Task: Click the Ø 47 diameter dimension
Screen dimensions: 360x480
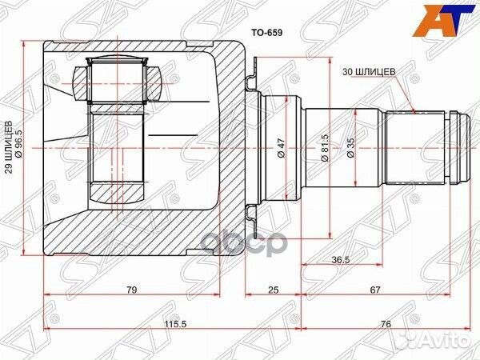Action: click(282, 149)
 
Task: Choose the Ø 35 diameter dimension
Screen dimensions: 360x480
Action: click(350, 149)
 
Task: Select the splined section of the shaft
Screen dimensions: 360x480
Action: click(415, 149)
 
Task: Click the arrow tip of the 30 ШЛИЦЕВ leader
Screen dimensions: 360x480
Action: click(413, 110)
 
